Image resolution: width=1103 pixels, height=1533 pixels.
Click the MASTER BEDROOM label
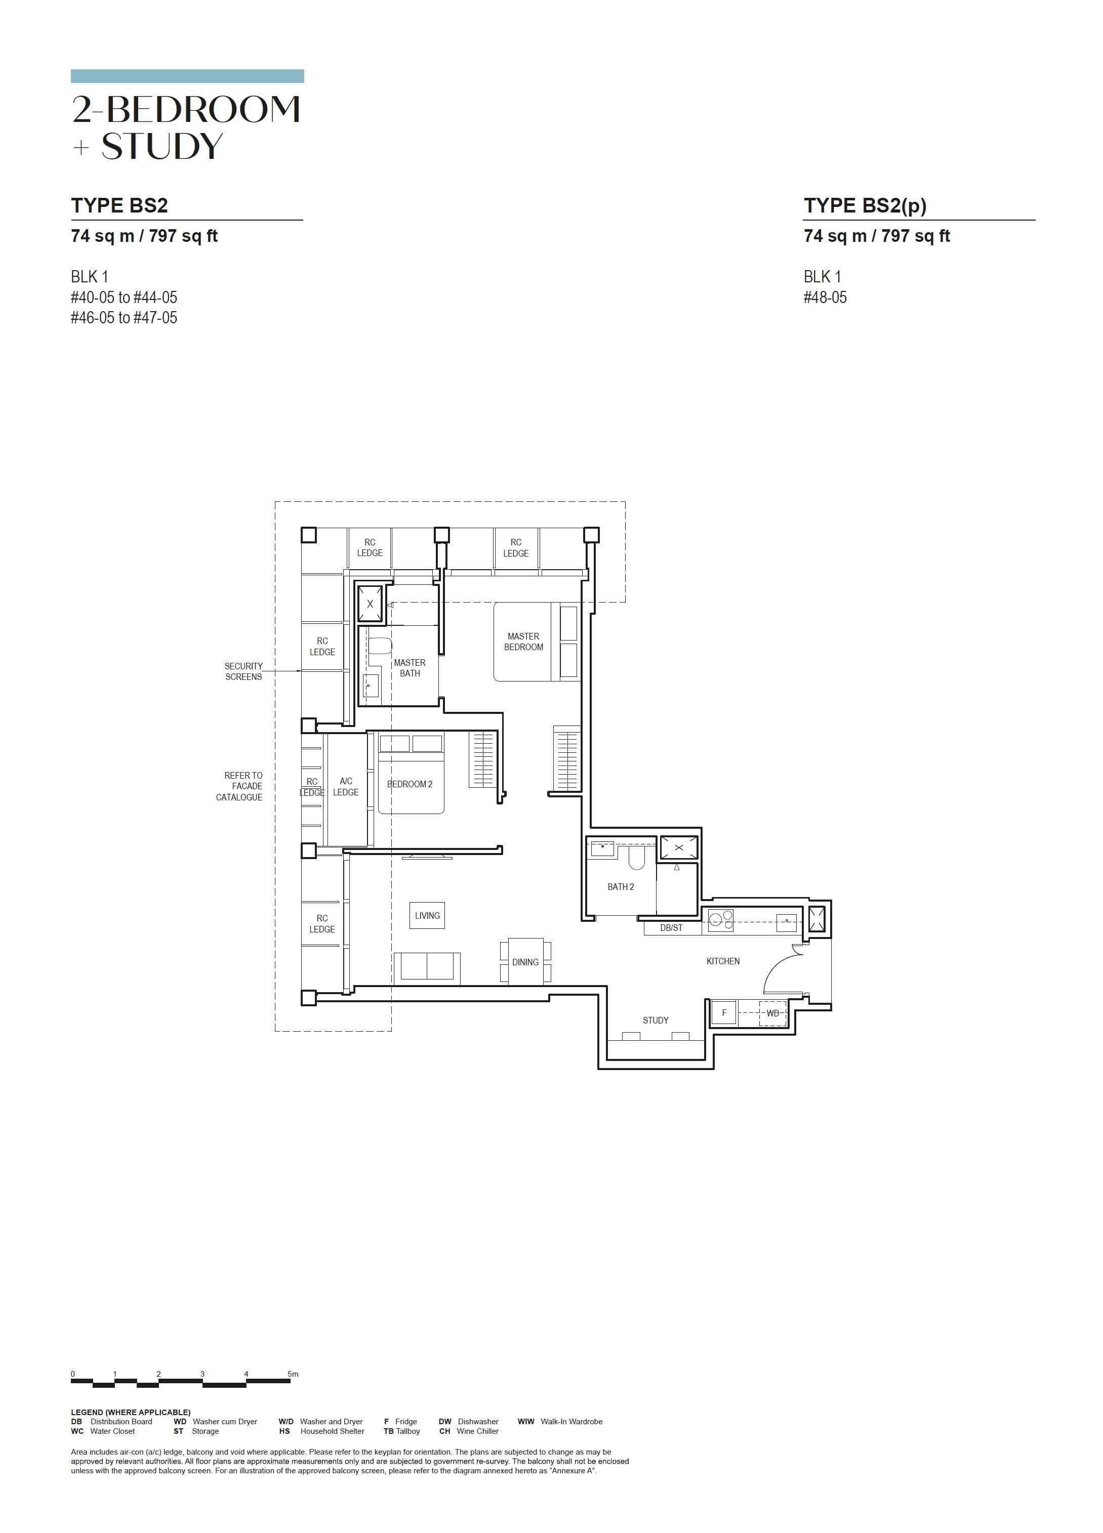523,642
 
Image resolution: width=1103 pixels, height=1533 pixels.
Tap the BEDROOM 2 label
409,784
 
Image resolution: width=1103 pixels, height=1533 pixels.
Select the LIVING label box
427,915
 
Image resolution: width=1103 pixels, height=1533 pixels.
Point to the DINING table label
525,962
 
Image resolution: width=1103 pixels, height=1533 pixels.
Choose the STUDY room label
655,1020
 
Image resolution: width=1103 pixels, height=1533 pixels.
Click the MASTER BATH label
409,668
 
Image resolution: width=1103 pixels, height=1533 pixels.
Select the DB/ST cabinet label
671,928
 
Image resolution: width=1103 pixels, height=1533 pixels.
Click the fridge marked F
724,1012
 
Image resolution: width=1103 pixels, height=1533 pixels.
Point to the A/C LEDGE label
346,786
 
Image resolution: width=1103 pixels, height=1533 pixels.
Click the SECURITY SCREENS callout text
243,671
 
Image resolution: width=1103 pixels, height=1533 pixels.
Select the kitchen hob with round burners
720,920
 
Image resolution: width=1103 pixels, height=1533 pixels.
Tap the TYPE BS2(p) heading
864,205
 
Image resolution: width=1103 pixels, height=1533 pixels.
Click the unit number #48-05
825,297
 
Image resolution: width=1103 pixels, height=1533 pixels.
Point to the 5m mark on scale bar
292,1374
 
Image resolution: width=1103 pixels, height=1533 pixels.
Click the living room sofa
426,966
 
